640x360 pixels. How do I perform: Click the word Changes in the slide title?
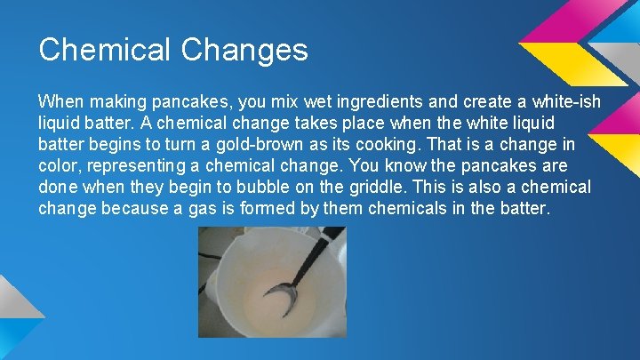pyautogui.click(x=244, y=49)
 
